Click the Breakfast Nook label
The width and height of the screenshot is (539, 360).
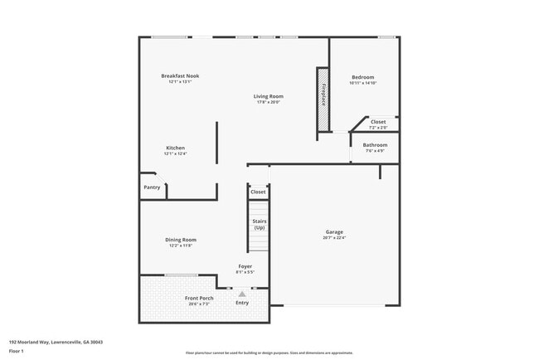[180, 76]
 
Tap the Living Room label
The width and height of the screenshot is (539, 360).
[268, 96]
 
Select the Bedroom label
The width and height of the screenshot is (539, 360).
[362, 77]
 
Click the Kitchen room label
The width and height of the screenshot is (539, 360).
[175, 148]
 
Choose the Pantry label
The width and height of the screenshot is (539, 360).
[152, 187]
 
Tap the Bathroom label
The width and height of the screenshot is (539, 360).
[375, 145]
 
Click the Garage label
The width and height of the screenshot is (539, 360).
[334, 231]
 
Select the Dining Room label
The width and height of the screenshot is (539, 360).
[180, 240]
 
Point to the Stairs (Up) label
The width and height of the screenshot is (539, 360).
[259, 224]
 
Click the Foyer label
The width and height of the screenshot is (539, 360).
[245, 266]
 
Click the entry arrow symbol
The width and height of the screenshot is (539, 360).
[242, 293]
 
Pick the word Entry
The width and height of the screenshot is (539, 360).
[242, 303]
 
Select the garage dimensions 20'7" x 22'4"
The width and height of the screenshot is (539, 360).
[334, 238]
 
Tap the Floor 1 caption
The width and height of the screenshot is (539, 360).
[17, 351]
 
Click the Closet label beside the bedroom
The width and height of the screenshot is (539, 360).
[378, 122]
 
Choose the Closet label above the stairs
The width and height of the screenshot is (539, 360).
[258, 192]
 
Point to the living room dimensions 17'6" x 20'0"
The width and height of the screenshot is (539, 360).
[268, 102]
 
